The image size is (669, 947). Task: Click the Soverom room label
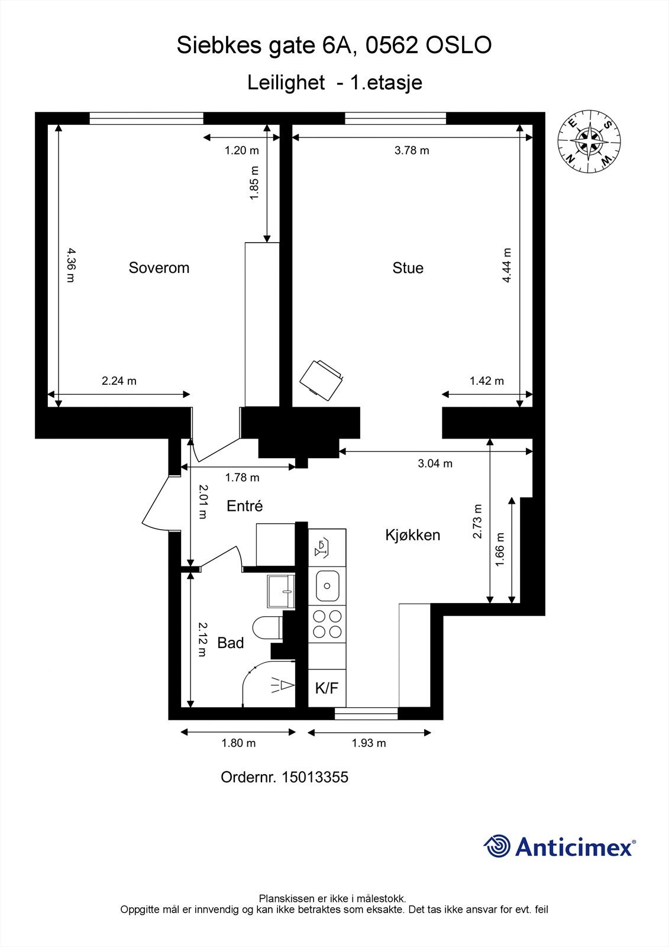[x=159, y=268]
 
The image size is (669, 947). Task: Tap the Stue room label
[x=408, y=268]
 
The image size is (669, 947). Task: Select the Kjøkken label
[x=412, y=535]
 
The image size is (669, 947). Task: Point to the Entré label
[x=245, y=505]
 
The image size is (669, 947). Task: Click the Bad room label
[x=230, y=643]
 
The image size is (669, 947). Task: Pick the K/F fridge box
[x=327, y=688]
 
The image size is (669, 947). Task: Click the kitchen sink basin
[x=327, y=585]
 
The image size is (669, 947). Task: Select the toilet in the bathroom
[x=267, y=628]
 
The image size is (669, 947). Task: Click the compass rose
[x=589, y=141]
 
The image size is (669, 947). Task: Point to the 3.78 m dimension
[x=412, y=150]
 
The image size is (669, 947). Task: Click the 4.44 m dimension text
[x=506, y=265]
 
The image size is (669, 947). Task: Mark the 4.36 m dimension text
[x=71, y=265]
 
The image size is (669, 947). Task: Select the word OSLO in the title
[x=458, y=45]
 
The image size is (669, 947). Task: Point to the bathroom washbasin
[x=280, y=591]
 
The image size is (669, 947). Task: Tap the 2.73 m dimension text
[x=477, y=521]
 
